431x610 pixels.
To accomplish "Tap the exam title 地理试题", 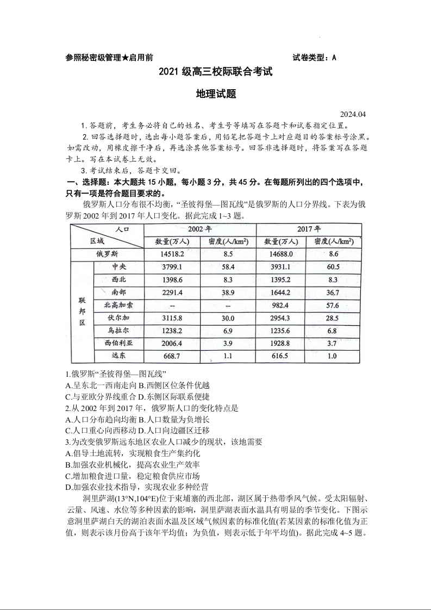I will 216,94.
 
